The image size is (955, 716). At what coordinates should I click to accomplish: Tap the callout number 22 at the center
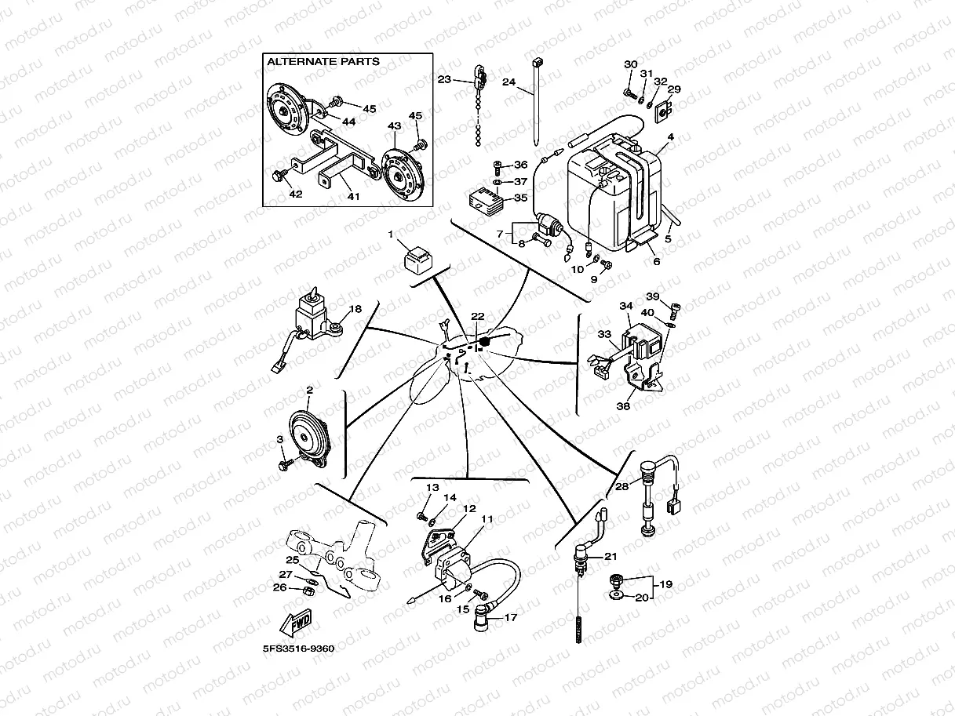477,316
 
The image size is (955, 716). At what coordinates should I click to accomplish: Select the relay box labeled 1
417,257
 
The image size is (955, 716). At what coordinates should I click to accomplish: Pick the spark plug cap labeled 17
480,620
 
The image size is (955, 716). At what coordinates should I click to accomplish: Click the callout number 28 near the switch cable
621,487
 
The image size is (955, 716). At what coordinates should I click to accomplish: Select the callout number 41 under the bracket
353,197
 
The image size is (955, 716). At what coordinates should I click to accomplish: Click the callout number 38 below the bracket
624,406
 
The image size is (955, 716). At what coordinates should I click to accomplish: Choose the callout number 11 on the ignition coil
487,518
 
